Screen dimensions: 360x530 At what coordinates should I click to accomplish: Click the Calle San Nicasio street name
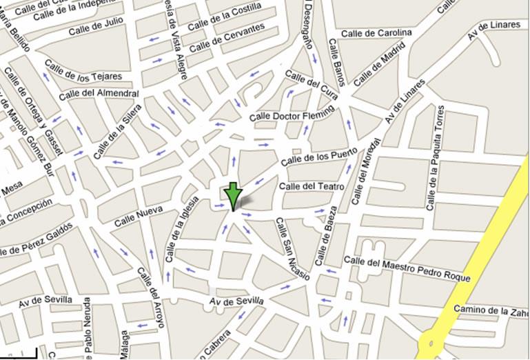click(x=292, y=250)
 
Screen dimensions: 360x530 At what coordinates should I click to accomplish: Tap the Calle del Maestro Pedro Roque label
click(x=407, y=269)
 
